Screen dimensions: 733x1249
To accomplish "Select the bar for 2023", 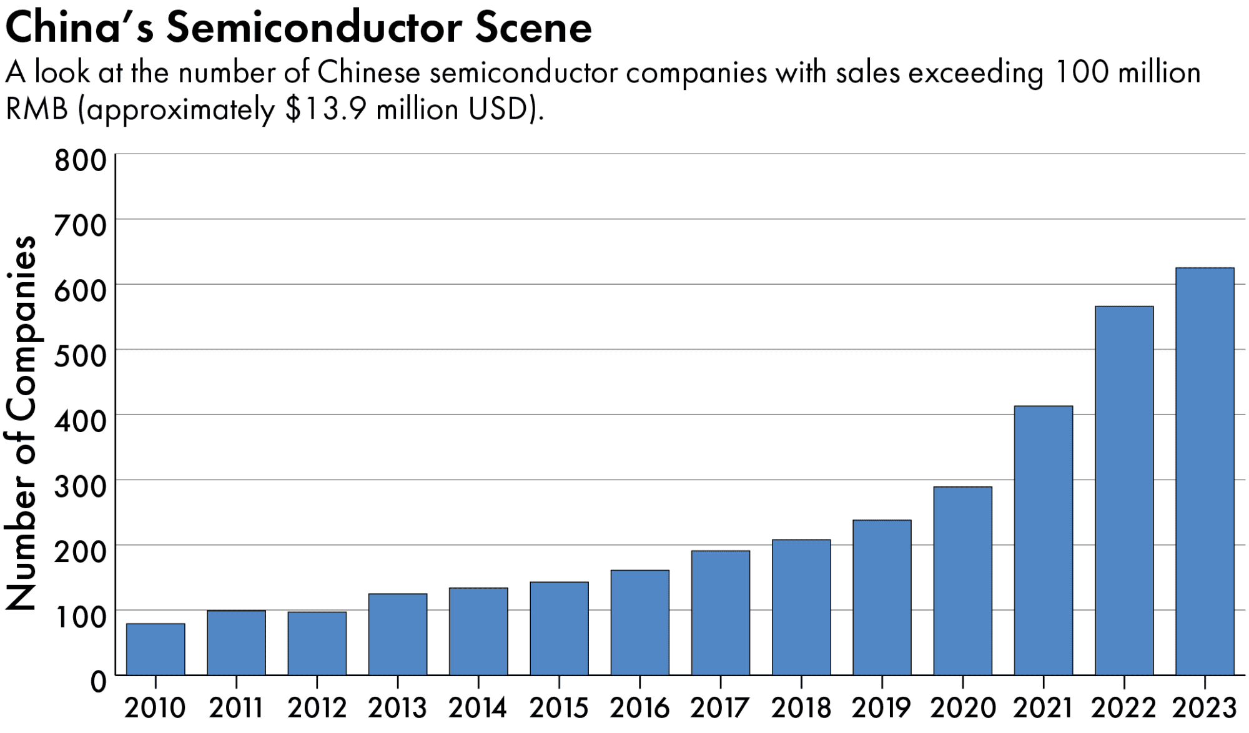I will [x=1205, y=471].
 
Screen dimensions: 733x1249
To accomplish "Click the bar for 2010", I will [x=156, y=649].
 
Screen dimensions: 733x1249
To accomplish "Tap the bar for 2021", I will [x=1044, y=541].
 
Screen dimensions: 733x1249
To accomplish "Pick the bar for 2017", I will [x=721, y=613].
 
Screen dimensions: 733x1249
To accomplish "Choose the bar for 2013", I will [x=398, y=634].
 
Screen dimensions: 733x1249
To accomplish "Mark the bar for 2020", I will [x=963, y=581].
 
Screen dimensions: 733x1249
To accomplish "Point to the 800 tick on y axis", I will [x=81, y=160].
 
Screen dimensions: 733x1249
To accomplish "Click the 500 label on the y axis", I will [x=81, y=357].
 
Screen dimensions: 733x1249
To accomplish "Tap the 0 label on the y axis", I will [x=98, y=682].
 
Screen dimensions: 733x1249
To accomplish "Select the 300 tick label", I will [x=81, y=487].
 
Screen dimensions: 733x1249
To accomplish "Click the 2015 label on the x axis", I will [x=559, y=708].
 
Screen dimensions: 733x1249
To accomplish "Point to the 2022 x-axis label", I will [x=1123, y=708].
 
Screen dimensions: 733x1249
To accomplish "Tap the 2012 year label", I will [x=317, y=708].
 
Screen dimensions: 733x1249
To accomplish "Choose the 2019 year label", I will [x=881, y=708].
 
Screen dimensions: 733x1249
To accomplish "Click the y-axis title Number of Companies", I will [x=21, y=423].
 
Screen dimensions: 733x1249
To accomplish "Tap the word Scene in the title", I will [x=536, y=28].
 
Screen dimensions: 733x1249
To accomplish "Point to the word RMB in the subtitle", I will [x=37, y=110].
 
